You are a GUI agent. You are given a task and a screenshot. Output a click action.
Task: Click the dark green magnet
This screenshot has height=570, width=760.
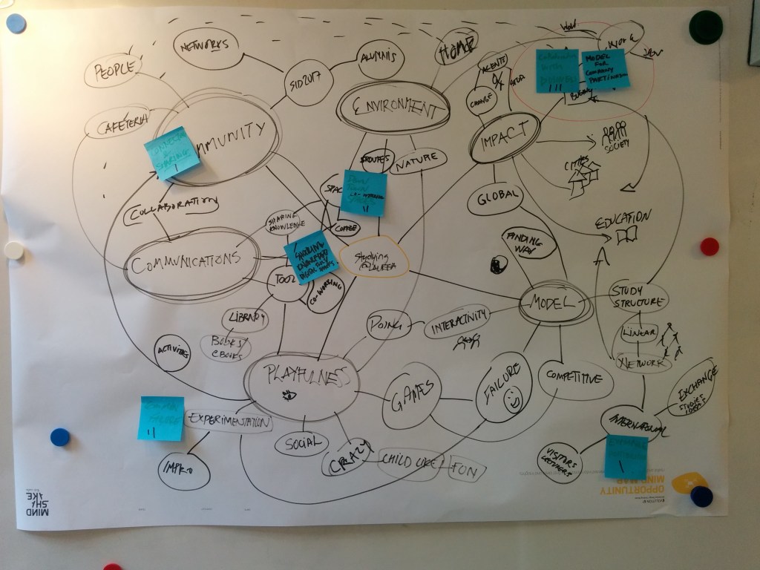click(704, 27)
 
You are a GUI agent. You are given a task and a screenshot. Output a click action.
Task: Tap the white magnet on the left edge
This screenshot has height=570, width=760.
click(14, 250)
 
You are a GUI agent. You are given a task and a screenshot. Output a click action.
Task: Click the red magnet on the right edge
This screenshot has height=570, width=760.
click(710, 246)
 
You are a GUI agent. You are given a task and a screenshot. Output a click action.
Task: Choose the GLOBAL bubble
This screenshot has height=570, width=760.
click(494, 197)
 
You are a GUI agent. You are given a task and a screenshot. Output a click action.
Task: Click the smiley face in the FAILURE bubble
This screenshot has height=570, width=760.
click(512, 402)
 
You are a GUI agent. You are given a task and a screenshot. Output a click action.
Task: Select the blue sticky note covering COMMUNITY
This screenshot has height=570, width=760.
click(172, 153)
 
